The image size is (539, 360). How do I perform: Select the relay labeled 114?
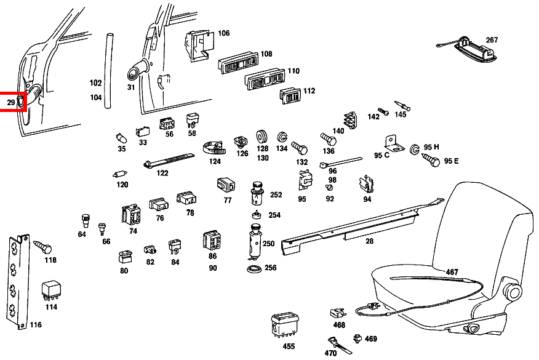click(x=49, y=290)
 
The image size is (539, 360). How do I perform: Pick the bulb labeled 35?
click(x=121, y=137)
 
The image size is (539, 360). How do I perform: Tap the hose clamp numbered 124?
click(x=214, y=148)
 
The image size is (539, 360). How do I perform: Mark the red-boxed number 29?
click(x=10, y=101)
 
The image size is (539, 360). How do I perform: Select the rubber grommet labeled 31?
click(x=135, y=71)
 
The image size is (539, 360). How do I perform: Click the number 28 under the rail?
click(x=369, y=241)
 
